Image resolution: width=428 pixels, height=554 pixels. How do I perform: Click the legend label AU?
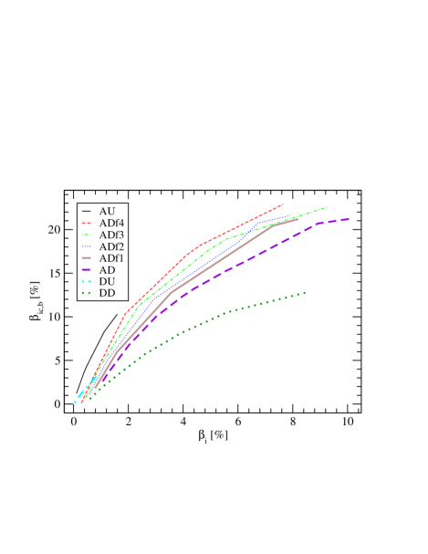tap(107, 212)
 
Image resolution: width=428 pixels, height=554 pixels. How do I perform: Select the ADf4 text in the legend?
tap(112, 224)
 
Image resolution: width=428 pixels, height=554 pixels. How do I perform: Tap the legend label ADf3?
tap(112, 235)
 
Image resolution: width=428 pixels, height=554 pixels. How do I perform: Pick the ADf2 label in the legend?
tap(112, 247)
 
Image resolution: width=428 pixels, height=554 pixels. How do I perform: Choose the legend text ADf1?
tap(112, 259)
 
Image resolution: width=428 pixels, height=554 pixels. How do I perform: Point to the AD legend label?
tap(107, 271)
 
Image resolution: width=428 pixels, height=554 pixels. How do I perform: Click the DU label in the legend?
tap(107, 282)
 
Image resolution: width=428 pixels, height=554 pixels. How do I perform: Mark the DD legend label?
tap(107, 294)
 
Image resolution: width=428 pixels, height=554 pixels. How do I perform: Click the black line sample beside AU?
tap(86, 212)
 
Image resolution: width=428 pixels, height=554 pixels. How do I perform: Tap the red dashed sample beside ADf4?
tap(86, 224)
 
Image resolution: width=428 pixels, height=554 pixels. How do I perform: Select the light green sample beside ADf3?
tap(86, 235)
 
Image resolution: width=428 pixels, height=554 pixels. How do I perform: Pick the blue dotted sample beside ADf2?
tap(86, 247)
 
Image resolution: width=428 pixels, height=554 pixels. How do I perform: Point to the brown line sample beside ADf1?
tap(86, 259)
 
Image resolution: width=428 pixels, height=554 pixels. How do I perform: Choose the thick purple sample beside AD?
tap(86, 271)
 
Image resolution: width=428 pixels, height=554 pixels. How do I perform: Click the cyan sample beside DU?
tap(86, 282)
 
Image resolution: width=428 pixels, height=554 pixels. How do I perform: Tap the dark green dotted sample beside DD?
tap(86, 294)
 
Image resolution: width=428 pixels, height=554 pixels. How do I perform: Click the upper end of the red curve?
tap(283, 204)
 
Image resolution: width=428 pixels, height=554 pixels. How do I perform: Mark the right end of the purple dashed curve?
tap(350, 218)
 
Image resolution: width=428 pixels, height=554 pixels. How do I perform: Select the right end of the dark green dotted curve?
tap(305, 293)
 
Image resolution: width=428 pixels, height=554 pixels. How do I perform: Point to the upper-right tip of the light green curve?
tap(327, 207)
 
